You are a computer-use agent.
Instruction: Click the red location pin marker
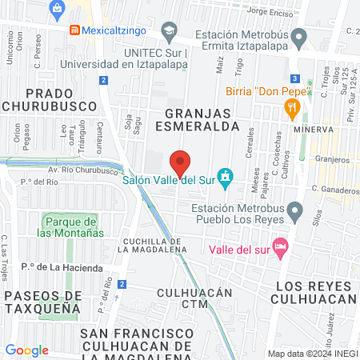[181, 162]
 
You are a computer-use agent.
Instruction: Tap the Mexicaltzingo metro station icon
[74, 30]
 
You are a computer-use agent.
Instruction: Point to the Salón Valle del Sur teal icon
[226, 175]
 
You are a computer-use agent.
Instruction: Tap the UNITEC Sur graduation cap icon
[169, 33]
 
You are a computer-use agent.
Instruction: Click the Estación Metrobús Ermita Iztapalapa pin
[299, 37]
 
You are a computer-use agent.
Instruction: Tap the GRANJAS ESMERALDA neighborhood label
[202, 119]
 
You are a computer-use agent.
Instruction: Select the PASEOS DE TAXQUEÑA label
[42, 301]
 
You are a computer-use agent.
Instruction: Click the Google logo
[26, 350]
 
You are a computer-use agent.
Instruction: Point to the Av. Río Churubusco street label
[80, 170]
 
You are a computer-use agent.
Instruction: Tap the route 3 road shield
[295, 78]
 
